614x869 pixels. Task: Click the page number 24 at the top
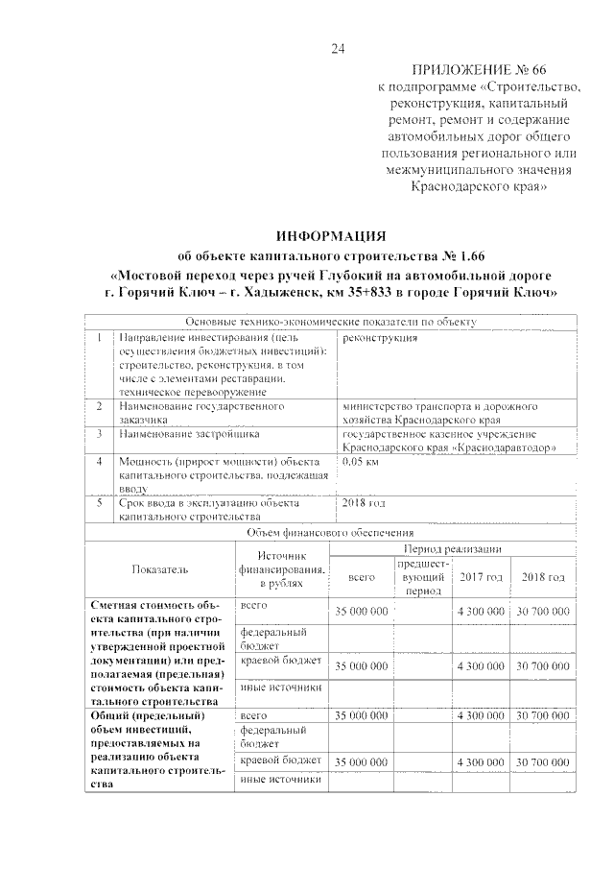(337, 49)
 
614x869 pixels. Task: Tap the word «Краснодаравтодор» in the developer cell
(507, 447)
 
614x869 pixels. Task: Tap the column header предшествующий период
(422, 578)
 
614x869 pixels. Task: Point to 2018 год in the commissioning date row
(364, 502)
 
